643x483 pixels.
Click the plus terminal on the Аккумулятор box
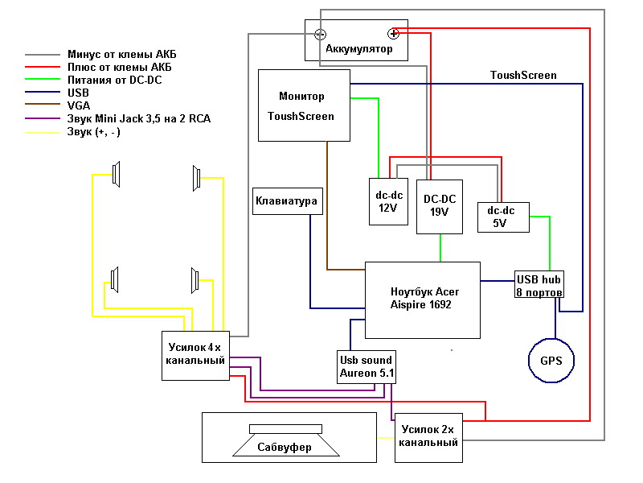[393, 33]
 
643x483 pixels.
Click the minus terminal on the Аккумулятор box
[320, 34]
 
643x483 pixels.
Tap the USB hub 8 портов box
[539, 285]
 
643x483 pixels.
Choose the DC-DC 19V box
[440, 206]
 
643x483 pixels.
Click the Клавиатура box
[287, 200]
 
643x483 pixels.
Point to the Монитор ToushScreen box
[304, 105]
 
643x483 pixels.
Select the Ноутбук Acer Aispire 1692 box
[422, 299]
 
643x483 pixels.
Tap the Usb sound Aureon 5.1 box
[366, 367]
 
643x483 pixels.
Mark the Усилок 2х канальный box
[429, 436]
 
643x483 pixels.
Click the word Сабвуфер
[284, 448]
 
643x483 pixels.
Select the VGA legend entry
[80, 105]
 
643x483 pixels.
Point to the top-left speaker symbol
[117, 175]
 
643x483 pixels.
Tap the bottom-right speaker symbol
[195, 280]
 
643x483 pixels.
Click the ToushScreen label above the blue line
[523, 76]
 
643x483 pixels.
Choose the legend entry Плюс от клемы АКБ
[119, 67]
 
